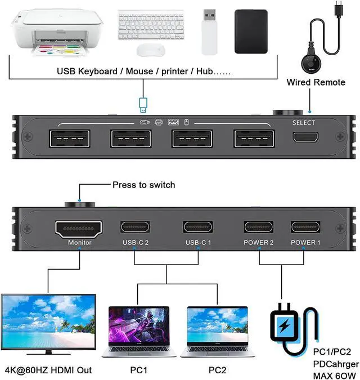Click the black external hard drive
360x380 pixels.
point(251,32)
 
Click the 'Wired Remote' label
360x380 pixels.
point(316,82)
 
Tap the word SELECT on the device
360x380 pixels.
point(304,123)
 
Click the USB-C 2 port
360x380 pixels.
point(136,227)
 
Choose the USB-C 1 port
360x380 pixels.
point(197,227)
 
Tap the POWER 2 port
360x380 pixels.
point(259,227)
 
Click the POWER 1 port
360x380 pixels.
point(305,227)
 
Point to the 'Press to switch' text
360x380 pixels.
point(143,185)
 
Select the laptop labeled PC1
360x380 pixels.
point(138,332)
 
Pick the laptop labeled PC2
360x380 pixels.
point(217,332)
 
